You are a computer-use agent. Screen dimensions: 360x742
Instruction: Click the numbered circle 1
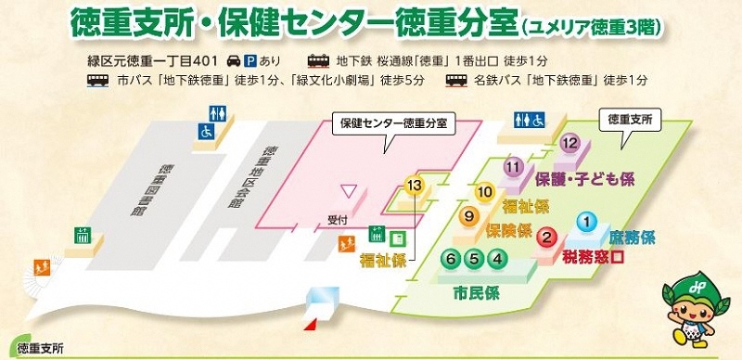pos(586,222)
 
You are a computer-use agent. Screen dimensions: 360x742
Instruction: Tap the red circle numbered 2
pos(548,238)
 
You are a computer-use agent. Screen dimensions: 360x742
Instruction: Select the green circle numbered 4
pos(497,259)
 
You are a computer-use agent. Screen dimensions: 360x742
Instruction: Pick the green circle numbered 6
pos(452,259)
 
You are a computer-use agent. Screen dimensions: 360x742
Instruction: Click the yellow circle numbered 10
pos(484,192)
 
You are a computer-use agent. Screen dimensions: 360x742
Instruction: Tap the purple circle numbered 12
pos(570,143)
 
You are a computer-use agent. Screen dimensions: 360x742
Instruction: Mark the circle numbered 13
pos(415,186)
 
